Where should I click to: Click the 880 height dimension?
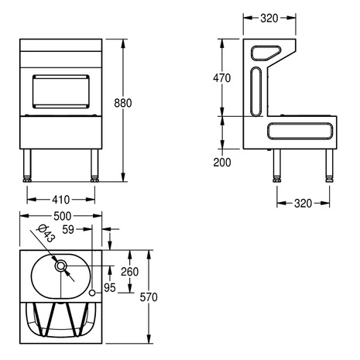tap(123, 103)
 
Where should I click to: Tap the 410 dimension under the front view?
tap(61, 200)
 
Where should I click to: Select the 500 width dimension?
tap(62, 216)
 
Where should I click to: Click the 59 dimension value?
tap(68, 229)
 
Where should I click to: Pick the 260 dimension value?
tap(129, 272)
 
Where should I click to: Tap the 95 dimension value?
tap(109, 287)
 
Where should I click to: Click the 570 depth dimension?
tap(149, 297)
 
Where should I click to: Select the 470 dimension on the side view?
tap(221, 78)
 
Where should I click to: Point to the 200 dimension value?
tap(222, 163)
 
